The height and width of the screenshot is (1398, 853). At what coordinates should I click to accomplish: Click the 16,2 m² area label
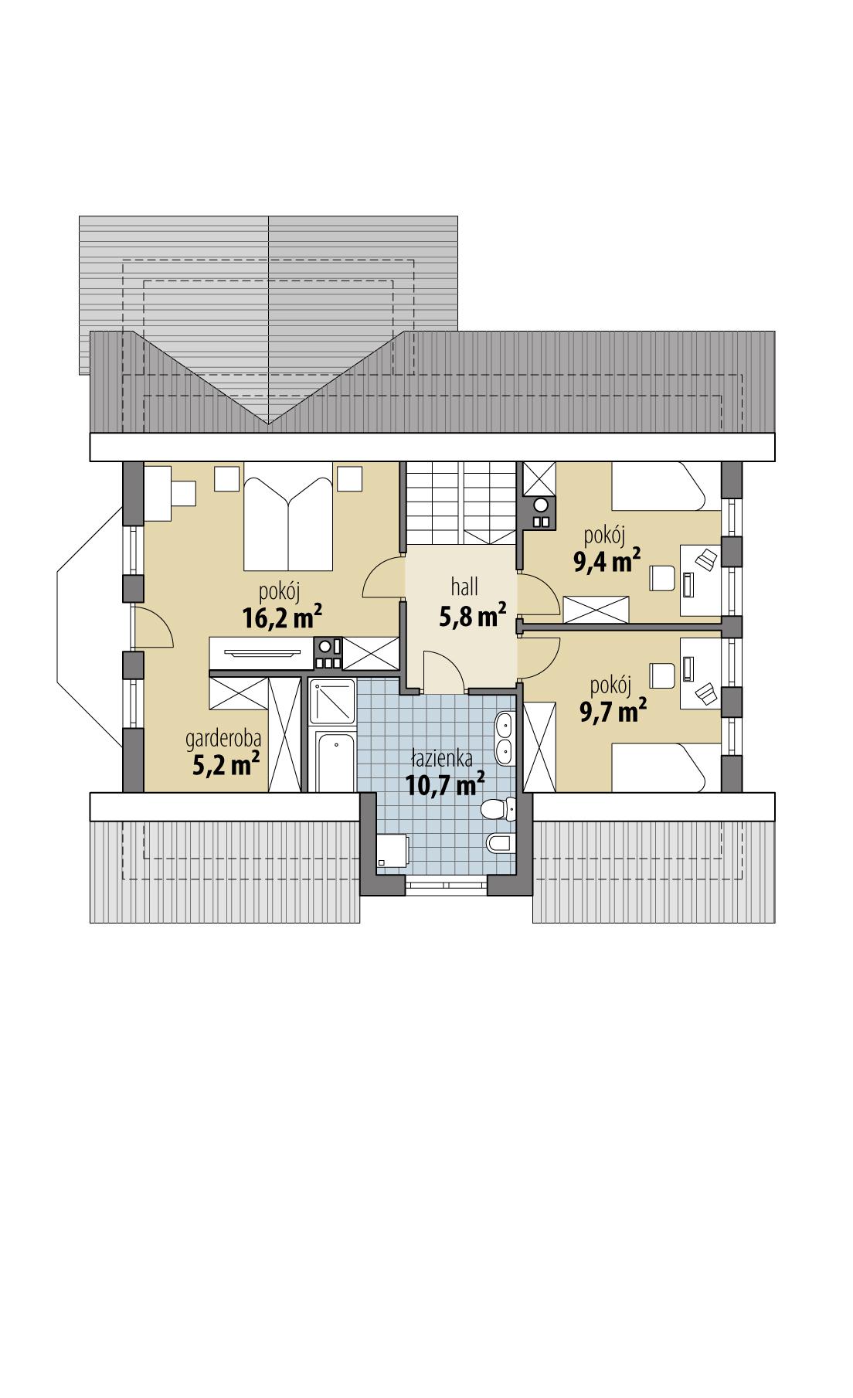click(x=282, y=617)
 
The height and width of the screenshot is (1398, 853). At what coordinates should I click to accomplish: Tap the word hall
click(x=464, y=587)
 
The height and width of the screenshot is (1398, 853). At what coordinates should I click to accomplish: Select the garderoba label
click(x=223, y=739)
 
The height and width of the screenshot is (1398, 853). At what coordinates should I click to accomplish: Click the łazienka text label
click(x=442, y=759)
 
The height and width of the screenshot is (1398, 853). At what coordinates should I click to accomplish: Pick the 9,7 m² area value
click(x=613, y=709)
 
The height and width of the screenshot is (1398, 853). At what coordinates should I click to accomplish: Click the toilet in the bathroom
click(x=498, y=810)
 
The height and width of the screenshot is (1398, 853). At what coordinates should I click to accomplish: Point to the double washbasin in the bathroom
click(x=504, y=736)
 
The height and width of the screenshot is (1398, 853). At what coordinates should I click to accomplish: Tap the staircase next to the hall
click(x=461, y=502)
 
